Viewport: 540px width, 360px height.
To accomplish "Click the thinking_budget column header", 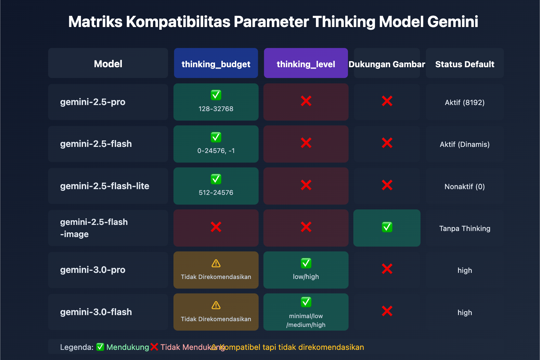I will point(216,64).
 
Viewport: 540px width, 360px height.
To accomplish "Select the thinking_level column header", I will point(306,64).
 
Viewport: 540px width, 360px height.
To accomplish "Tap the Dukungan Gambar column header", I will point(387,64).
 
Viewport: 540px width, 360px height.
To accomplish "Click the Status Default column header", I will point(465,64).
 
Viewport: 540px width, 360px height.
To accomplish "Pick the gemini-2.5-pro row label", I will point(93,102).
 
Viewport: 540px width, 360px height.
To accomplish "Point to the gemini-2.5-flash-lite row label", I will point(105,186).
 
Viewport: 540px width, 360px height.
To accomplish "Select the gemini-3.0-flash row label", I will point(96,312).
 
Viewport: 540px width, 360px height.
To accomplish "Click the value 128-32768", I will point(216,109).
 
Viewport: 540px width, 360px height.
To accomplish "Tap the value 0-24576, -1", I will point(216,151).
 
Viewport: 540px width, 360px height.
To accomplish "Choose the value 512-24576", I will point(216,192).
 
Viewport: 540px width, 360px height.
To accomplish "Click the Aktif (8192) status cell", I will point(465,102).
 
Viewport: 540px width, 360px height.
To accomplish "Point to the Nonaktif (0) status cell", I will point(465,186).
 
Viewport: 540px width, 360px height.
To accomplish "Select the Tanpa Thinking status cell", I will point(465,228).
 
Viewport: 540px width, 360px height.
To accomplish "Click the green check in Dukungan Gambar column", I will point(387,227).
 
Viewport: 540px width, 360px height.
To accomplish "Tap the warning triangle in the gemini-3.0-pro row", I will point(216,263).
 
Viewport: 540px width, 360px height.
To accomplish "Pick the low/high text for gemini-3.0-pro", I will point(306,277).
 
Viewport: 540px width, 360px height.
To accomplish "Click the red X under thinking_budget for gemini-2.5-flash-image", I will point(216,227).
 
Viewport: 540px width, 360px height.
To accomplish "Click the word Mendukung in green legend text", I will point(128,347).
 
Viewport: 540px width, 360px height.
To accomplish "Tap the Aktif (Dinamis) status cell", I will point(465,145).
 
